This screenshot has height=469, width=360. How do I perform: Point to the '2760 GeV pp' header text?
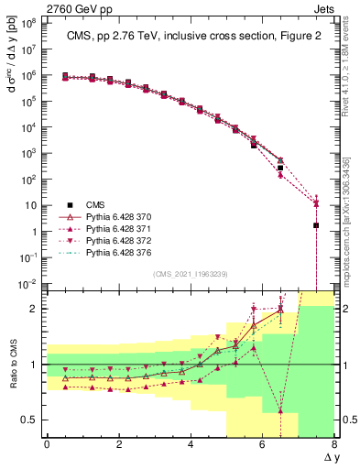point(76,7)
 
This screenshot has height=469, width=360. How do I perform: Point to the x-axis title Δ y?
point(327,457)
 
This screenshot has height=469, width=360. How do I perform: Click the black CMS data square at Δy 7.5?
point(316,225)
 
